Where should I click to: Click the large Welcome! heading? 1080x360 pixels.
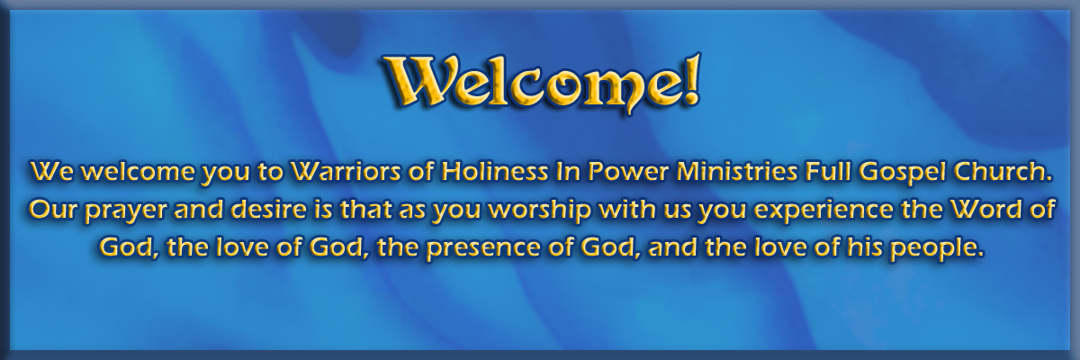(542, 84)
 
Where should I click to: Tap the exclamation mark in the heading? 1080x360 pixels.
(690, 79)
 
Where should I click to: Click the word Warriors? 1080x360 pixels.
(345, 172)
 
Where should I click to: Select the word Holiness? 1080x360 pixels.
(494, 172)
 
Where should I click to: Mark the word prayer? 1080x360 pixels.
(126, 211)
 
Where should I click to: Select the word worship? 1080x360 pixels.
(542, 211)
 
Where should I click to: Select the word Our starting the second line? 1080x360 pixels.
(51, 210)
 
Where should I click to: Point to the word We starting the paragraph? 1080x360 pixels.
(52, 172)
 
